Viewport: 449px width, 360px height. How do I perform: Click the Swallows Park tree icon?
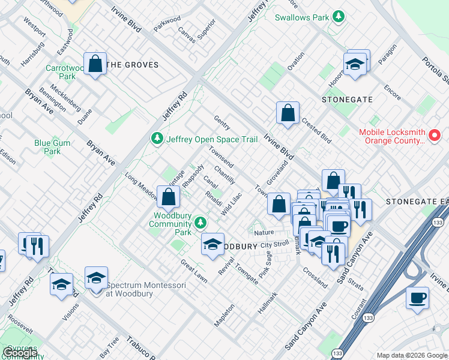click(339, 17)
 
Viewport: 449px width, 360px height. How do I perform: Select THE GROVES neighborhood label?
click(132, 65)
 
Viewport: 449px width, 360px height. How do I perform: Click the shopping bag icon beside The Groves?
click(95, 64)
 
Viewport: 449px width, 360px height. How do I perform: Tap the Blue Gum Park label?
click(52, 147)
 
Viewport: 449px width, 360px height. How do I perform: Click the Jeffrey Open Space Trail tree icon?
click(157, 139)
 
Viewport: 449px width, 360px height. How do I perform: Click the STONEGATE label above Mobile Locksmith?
click(347, 99)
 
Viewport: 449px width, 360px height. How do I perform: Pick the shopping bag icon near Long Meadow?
click(169, 196)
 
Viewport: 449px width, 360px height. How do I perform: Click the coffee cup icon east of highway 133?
click(417, 298)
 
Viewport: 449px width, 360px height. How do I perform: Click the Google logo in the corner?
click(20, 353)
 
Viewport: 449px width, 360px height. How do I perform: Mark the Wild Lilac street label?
click(231, 205)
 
